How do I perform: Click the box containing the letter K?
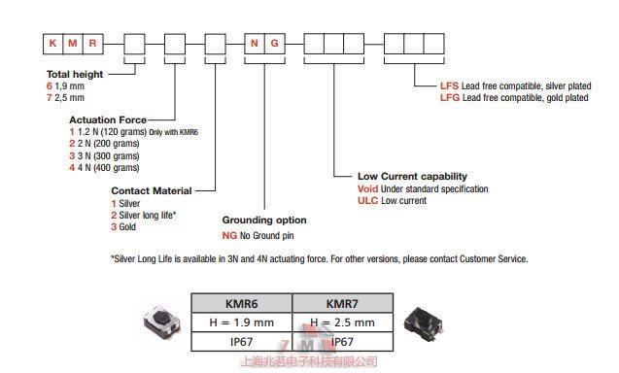point(52,44)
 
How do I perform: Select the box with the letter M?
point(73,44)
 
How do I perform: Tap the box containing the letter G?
point(275,44)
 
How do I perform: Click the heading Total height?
point(75,74)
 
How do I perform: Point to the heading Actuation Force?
point(108,119)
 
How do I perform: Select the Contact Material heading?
point(152,190)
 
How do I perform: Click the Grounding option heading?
point(264,220)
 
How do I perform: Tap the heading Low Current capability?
point(412,176)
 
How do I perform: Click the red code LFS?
point(449,86)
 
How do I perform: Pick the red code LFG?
point(450,97)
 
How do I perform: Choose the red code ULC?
point(368,200)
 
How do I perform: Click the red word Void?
point(367,189)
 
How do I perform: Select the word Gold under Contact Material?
point(127,227)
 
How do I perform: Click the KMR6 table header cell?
point(242,303)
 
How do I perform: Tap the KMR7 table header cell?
point(342,303)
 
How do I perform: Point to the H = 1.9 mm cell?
point(242,322)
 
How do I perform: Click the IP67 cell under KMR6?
point(242,342)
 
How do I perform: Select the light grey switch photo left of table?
point(162,322)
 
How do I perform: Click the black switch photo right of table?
point(424,324)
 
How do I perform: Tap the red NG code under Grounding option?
point(229,236)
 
